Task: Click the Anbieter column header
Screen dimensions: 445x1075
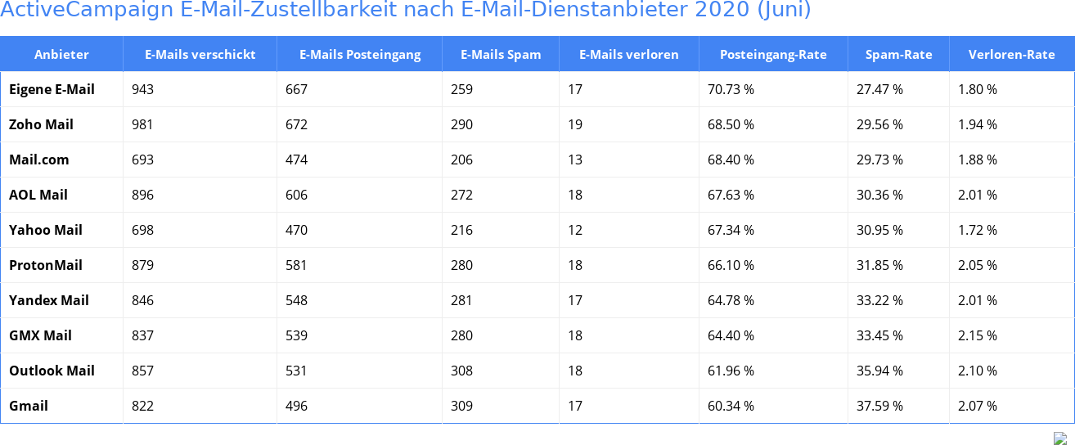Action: (x=61, y=55)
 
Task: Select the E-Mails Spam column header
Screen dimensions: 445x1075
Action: (x=501, y=55)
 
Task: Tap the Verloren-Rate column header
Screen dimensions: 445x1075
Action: (x=1011, y=55)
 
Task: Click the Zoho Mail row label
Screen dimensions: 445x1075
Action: (x=41, y=124)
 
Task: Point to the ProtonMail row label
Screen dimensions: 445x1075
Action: (x=46, y=265)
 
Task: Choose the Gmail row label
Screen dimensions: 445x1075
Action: (x=29, y=406)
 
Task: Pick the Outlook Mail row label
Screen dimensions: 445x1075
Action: (x=52, y=371)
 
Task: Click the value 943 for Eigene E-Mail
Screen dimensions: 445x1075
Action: (x=142, y=89)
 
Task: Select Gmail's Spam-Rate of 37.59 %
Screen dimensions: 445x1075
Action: (x=879, y=406)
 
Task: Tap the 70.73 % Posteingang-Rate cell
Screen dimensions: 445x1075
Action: (x=731, y=89)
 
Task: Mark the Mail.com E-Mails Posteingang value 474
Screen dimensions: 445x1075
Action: (x=296, y=160)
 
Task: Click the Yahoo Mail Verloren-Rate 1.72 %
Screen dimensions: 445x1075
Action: (x=977, y=230)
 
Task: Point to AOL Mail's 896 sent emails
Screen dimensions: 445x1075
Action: (x=142, y=195)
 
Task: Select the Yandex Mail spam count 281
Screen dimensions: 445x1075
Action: (x=461, y=300)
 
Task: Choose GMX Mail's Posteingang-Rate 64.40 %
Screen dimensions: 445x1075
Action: (x=731, y=335)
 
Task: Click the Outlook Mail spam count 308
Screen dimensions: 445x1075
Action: (x=461, y=371)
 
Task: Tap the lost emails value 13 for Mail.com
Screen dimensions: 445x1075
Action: (x=575, y=160)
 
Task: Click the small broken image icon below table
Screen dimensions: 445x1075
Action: (x=1059, y=438)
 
